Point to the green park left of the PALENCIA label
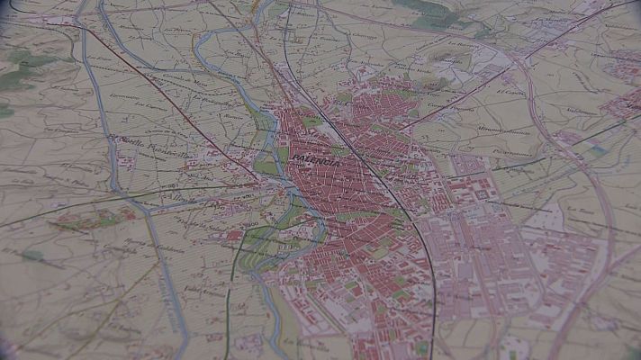pos(266,166)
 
